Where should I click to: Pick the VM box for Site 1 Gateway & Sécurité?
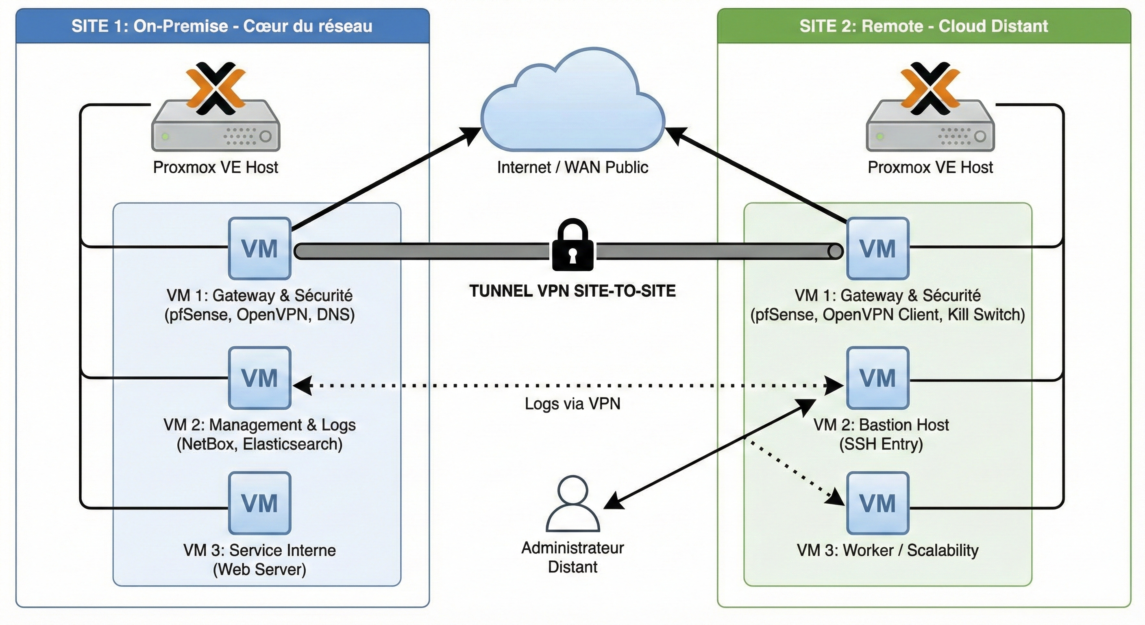coord(259,248)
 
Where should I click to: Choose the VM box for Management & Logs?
coord(259,378)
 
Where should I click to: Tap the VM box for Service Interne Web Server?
coord(259,503)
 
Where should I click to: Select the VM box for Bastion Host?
coord(877,378)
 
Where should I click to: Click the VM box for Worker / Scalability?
coord(877,503)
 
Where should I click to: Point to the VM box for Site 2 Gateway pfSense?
coord(877,248)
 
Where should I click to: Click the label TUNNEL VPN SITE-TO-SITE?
coord(572,291)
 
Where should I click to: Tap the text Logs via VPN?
coord(572,404)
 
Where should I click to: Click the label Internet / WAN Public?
coord(572,167)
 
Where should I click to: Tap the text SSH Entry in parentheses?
coord(881,444)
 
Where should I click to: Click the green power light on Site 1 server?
coord(165,137)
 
